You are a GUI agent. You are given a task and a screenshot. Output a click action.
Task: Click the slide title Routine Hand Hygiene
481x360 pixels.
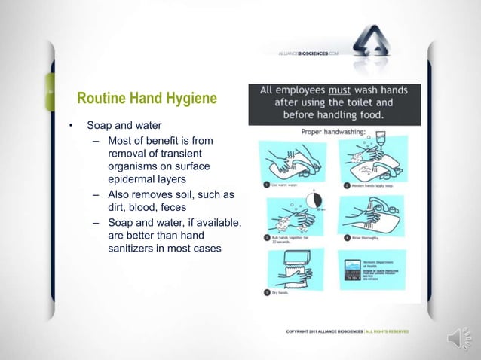pos(147,99)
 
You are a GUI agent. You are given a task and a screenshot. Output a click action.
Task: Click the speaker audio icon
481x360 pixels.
pos(460,340)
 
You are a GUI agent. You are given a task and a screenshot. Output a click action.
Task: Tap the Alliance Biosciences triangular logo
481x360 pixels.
pos(377,44)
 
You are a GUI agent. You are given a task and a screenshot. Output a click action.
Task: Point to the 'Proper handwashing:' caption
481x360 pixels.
pos(334,130)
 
